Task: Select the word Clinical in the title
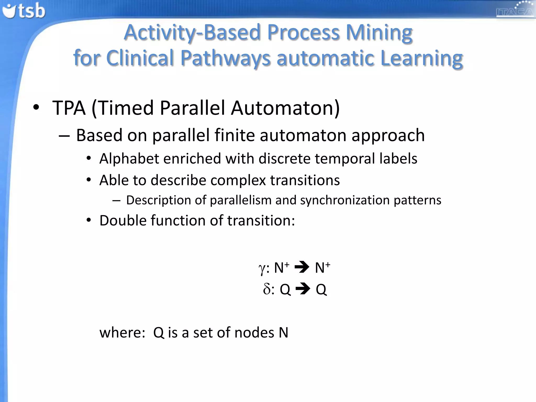click(x=140, y=58)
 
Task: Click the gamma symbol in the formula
click(x=262, y=269)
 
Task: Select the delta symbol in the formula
click(x=267, y=289)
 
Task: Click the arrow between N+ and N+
click(x=302, y=267)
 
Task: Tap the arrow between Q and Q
click(x=303, y=289)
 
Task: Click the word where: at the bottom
click(x=122, y=333)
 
